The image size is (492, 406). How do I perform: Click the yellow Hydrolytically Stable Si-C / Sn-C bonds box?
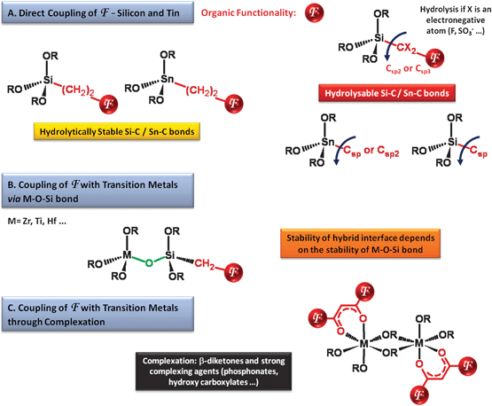[117, 131]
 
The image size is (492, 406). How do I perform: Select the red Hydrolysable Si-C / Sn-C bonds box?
[387, 93]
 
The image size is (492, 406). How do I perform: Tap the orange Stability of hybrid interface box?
[360, 244]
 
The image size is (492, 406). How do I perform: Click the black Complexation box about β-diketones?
[214, 371]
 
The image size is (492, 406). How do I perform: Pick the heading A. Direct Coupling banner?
[98, 12]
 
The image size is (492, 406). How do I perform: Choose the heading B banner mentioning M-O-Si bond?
[98, 191]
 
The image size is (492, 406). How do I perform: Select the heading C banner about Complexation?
[98, 314]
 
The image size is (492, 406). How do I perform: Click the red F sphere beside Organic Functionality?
[314, 12]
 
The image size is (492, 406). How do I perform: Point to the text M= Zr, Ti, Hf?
[37, 222]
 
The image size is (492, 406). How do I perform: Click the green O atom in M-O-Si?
[149, 263]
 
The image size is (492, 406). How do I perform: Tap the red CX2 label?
[407, 48]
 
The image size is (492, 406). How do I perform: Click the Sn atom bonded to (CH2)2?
[168, 79]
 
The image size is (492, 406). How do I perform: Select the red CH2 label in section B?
[205, 264]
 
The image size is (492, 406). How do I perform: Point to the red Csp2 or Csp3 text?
[408, 69]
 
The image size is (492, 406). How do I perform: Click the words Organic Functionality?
[248, 13]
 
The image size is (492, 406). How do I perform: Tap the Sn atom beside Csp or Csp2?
[328, 142]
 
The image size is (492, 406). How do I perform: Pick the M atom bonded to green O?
[127, 255]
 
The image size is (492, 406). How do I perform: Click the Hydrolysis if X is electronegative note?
[456, 20]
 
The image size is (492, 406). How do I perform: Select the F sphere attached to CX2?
[434, 59]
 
